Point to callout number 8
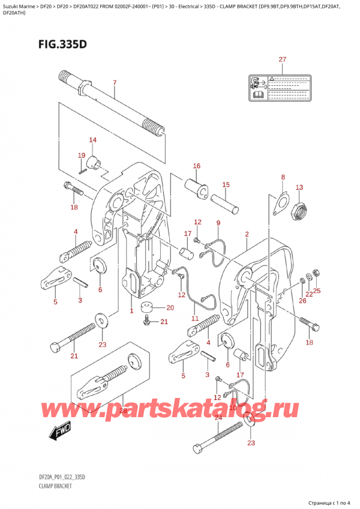(x=283, y=177)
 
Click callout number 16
(x=196, y=166)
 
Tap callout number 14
(x=92, y=140)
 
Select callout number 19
(x=82, y=155)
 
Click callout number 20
(x=170, y=308)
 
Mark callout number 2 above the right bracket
(x=247, y=233)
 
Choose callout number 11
(x=194, y=318)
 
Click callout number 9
(x=218, y=223)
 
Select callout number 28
(x=122, y=410)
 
